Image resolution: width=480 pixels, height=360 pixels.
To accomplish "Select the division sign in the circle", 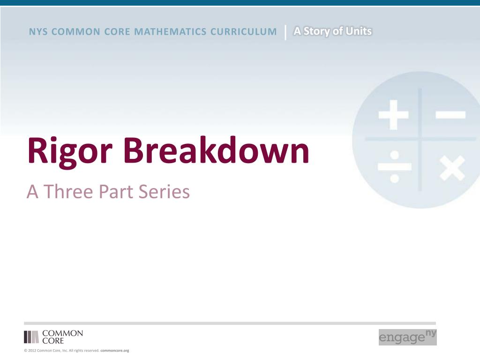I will (x=394, y=166).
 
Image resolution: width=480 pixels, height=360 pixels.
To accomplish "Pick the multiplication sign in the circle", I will (x=452, y=167).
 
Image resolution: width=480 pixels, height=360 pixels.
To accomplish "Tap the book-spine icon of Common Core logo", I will (x=31, y=337).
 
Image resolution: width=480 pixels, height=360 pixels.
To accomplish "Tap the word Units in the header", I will (x=359, y=31).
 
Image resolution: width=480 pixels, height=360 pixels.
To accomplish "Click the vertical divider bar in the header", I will (x=285, y=32).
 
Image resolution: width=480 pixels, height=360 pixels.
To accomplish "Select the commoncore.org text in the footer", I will (x=115, y=351).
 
